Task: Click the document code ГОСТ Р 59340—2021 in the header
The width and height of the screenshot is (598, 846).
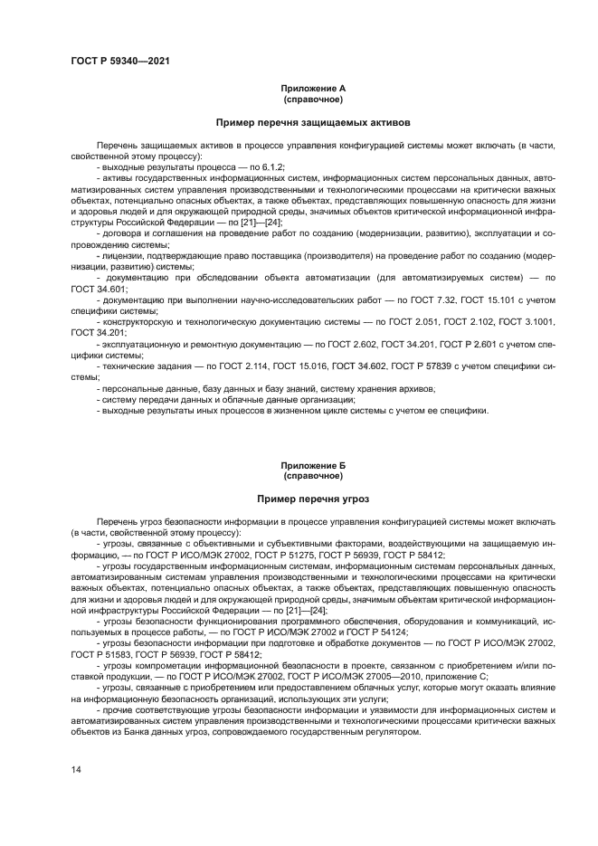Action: (x=120, y=62)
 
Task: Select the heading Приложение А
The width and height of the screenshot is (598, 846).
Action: (x=312, y=89)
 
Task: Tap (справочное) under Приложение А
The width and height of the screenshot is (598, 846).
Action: (x=312, y=99)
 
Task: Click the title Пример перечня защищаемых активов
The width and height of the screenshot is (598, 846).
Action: (x=312, y=121)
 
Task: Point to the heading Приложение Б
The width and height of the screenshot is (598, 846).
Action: (x=312, y=465)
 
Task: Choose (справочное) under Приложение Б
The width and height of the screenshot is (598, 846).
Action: (x=312, y=475)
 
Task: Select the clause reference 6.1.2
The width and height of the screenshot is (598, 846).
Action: (x=271, y=167)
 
